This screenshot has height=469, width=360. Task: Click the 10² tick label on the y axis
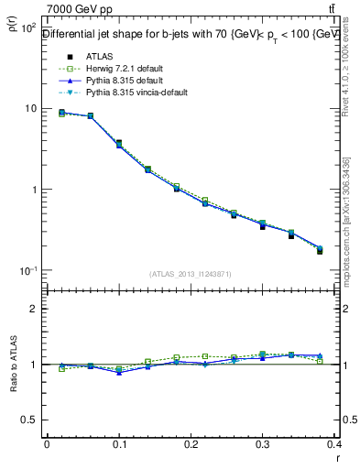tap(27, 28)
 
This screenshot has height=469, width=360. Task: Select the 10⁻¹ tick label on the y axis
tap(27, 271)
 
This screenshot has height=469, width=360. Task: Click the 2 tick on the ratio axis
tap(34, 309)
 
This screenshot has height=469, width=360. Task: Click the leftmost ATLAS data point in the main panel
tap(61, 113)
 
